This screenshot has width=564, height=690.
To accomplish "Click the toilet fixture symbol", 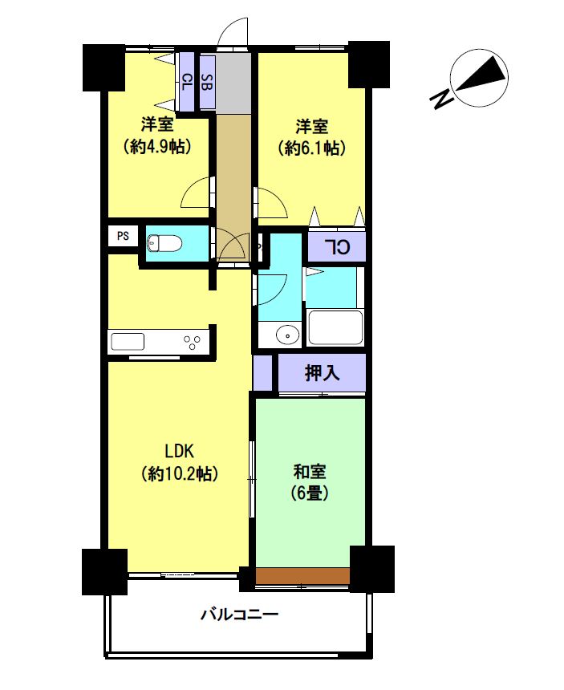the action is (x=164, y=243).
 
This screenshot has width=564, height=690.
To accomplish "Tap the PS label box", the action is (x=124, y=236).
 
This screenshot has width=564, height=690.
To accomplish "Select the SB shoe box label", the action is (x=207, y=82).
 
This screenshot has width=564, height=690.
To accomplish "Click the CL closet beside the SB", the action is (x=187, y=81).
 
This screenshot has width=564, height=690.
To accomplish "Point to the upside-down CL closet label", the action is (x=338, y=247).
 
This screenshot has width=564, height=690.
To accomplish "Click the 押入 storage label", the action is (x=322, y=373).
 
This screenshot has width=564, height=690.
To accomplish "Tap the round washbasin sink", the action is (x=288, y=335).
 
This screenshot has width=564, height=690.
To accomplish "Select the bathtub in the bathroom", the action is (x=335, y=328).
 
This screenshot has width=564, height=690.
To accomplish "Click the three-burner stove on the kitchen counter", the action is (x=193, y=343).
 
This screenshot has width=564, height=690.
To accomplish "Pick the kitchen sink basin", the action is (x=128, y=342).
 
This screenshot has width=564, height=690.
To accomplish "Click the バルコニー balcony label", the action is (x=239, y=614).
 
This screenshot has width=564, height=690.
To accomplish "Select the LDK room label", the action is (x=179, y=451).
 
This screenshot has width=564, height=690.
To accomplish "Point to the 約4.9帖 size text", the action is (x=157, y=146).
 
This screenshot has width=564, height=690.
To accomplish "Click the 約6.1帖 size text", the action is (x=311, y=148).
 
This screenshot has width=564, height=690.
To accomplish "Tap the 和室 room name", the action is (x=310, y=472).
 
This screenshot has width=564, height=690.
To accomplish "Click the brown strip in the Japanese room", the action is (x=303, y=576).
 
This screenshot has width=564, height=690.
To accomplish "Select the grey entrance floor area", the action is (x=234, y=82).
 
